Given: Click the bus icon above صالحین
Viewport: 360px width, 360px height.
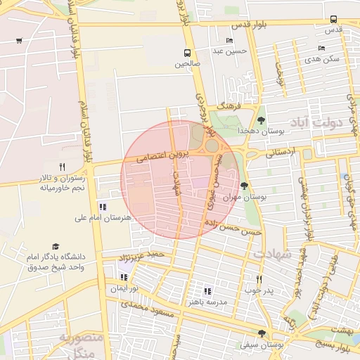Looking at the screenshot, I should tap(187, 53).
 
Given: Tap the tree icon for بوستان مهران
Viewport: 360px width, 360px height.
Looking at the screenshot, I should tap(244, 186).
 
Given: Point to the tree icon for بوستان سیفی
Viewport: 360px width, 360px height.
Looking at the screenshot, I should tap(262, 334).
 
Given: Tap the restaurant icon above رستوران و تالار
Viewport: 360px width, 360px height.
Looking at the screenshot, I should tap(62, 167).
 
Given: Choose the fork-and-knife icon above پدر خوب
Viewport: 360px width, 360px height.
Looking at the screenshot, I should tap(259, 279).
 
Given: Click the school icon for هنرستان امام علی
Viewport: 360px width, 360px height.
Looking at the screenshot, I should tap(103, 207).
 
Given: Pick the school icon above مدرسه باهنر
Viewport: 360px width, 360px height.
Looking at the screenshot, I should tap(207, 290).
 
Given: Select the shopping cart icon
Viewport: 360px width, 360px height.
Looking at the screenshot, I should tap(18, 40).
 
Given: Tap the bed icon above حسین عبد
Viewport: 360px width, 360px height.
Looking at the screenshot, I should tap(230, 40).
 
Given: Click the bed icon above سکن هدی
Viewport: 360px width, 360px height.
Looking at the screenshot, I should tap(321, 48).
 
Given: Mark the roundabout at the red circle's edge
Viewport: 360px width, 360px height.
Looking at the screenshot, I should tap(211, 146).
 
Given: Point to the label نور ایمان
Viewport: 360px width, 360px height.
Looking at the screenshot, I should tap(124, 289).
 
